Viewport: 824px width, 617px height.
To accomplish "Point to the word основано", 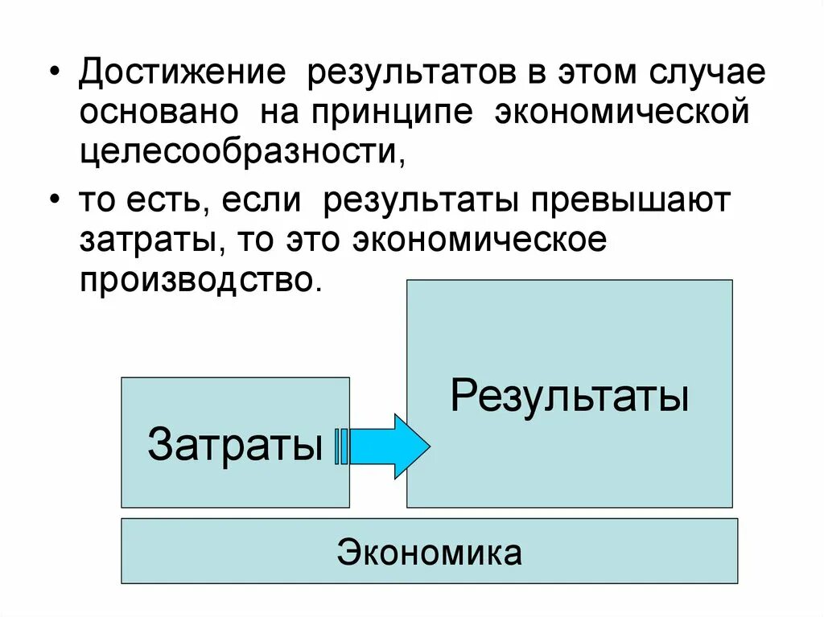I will coord(158,112).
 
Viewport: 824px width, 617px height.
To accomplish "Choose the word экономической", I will coord(622,112).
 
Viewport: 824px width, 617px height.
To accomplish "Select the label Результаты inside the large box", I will coord(569,396).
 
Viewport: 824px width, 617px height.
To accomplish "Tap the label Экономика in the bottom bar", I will coord(429,553).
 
